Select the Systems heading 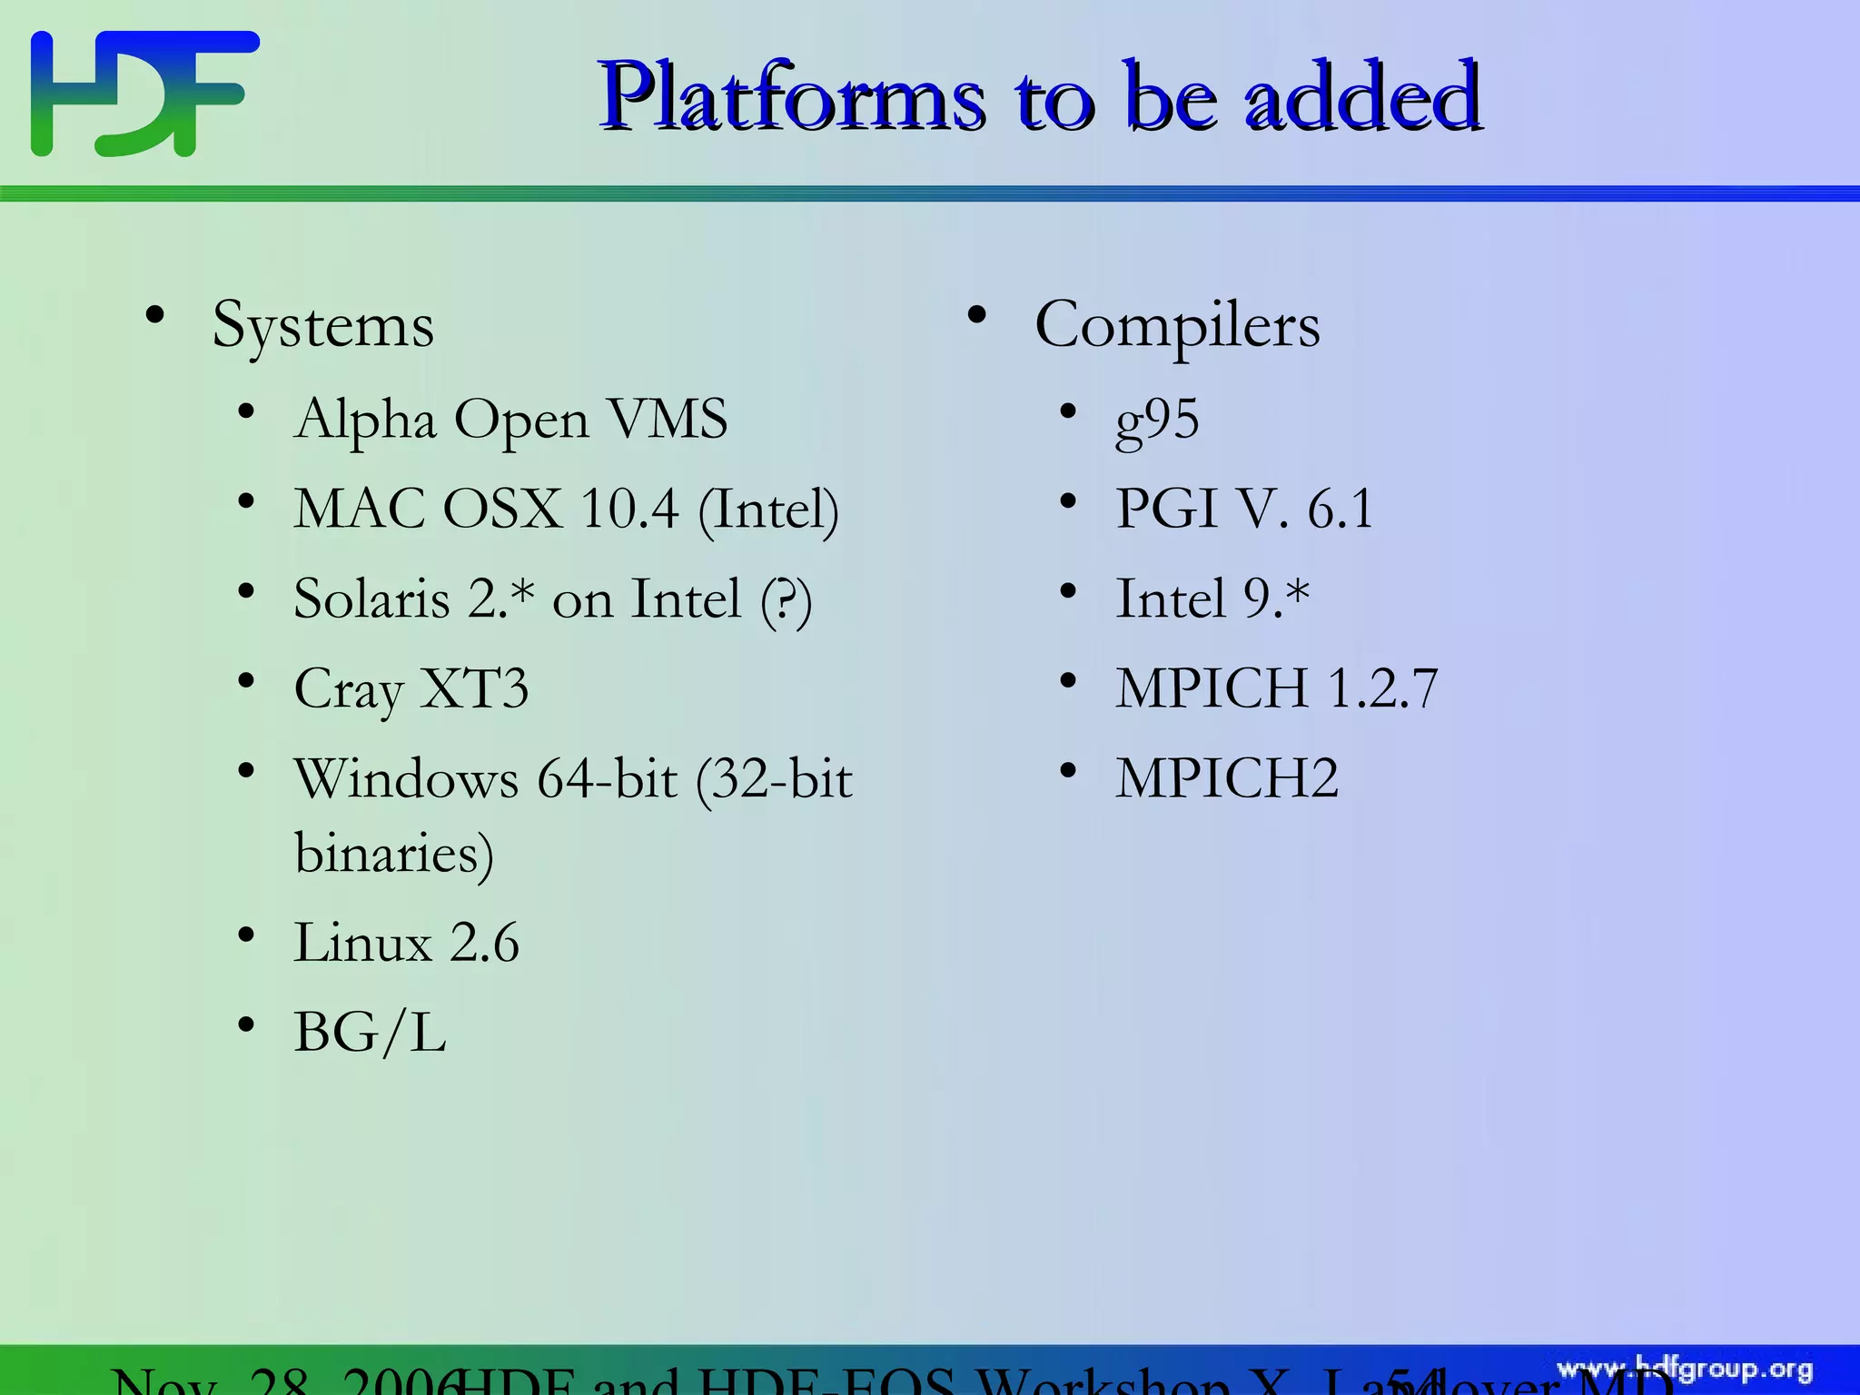tap(322, 325)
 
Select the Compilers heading tap(1177, 325)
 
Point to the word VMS tap(668, 419)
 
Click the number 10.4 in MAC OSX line tap(629, 509)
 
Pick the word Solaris tap(372, 599)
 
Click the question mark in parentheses tap(786, 600)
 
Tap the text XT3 tap(475, 688)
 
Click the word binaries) tap(394, 854)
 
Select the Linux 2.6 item tap(406, 942)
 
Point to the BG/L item tap(370, 1033)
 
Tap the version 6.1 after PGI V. tap(1340, 509)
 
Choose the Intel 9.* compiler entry tap(1212, 599)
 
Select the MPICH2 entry tap(1227, 778)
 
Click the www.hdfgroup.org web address tap(1685, 1369)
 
